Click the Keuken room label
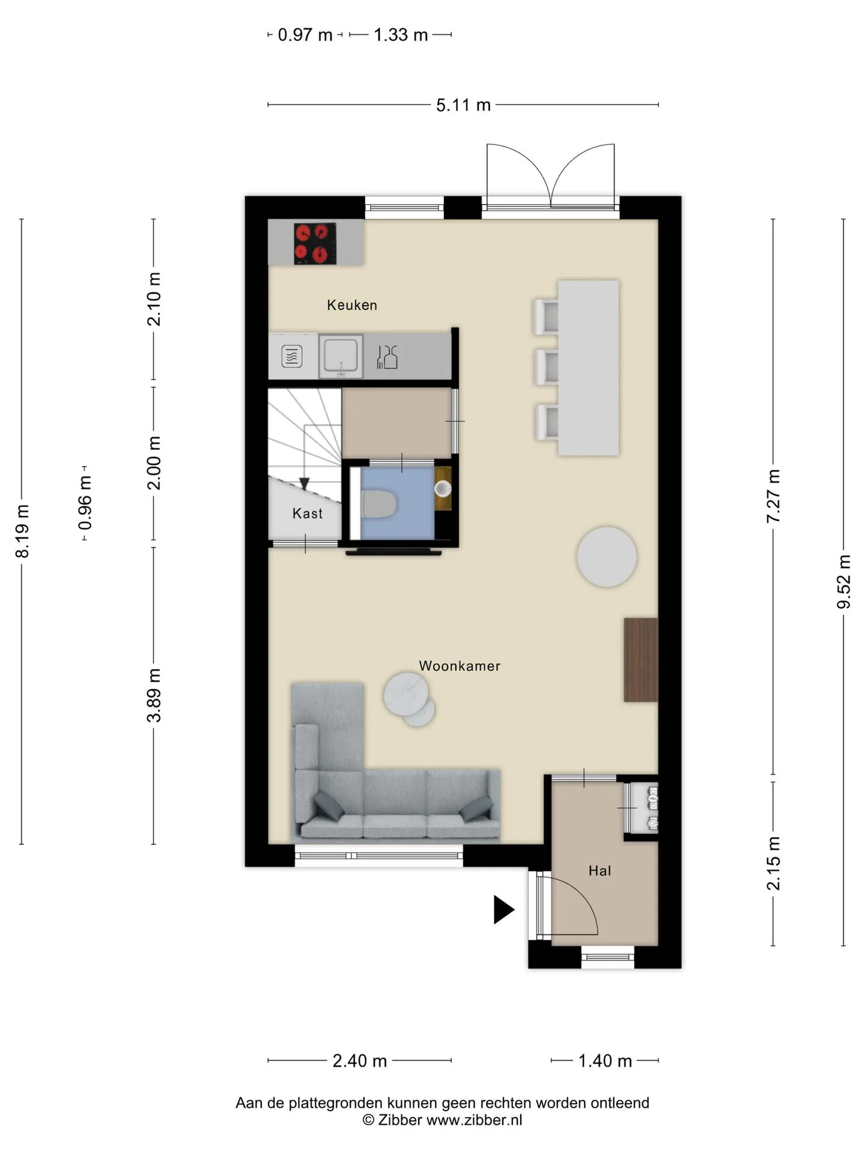[x=352, y=305]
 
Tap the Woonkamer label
[x=460, y=666]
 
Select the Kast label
[x=308, y=513]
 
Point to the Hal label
[x=599, y=871]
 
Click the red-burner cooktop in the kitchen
[x=315, y=243]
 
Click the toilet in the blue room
[x=378, y=504]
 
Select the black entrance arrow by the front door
[x=504, y=909]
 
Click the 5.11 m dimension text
[x=463, y=105]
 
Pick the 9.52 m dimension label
[x=844, y=582]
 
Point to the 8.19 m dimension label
[x=22, y=531]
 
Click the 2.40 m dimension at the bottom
[x=360, y=1061]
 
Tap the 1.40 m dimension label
[x=605, y=1061]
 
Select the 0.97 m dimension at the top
[x=305, y=35]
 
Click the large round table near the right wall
[x=607, y=557]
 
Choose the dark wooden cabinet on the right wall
[x=641, y=660]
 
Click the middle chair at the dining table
[x=547, y=366]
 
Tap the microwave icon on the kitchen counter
[x=292, y=357]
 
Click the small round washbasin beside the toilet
[x=443, y=489]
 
